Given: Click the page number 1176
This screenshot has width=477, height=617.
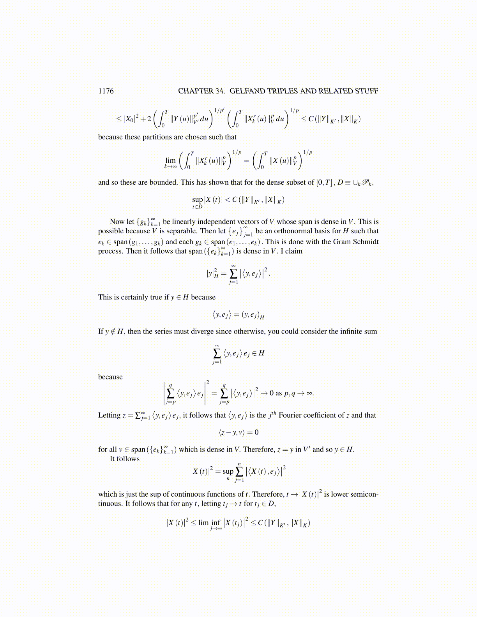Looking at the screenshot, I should (x=106, y=91).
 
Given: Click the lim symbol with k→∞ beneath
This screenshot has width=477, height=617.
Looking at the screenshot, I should (x=170, y=160).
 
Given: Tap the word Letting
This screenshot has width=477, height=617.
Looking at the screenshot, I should (x=109, y=415).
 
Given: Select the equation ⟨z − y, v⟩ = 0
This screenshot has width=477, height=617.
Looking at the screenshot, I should (x=238, y=432).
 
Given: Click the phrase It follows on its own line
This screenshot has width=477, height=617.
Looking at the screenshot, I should (x=124, y=459).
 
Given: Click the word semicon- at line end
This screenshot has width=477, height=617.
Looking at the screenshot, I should (x=365, y=494).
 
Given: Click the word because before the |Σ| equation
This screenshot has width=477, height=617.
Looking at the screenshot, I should (x=110, y=377).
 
